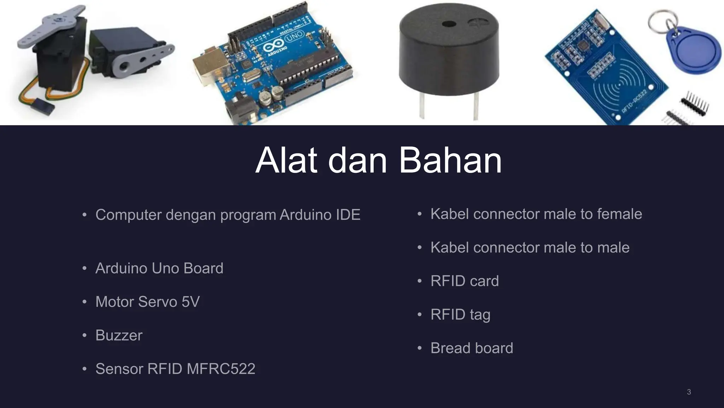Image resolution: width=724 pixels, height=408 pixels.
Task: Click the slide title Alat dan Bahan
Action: pos(378,161)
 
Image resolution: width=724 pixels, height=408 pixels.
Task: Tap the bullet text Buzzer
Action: pos(119,335)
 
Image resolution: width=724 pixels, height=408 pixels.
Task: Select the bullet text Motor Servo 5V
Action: pos(147,302)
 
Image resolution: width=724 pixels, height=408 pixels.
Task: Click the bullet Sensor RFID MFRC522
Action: pos(175,369)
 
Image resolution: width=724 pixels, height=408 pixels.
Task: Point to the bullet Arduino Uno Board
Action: pos(159,268)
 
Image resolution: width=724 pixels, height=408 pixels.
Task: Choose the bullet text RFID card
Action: pos(465,281)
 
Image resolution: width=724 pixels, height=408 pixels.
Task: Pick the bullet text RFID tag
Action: pos(460,314)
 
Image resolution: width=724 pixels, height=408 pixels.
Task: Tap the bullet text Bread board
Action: pos(472,348)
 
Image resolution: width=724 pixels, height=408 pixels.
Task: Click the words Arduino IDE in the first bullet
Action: pos(320,215)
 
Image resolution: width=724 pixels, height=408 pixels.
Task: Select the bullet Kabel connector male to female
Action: pos(536,214)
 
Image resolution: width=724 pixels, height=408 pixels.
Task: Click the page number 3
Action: pos(689,392)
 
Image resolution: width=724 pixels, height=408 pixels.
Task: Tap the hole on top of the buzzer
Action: pos(449,24)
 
